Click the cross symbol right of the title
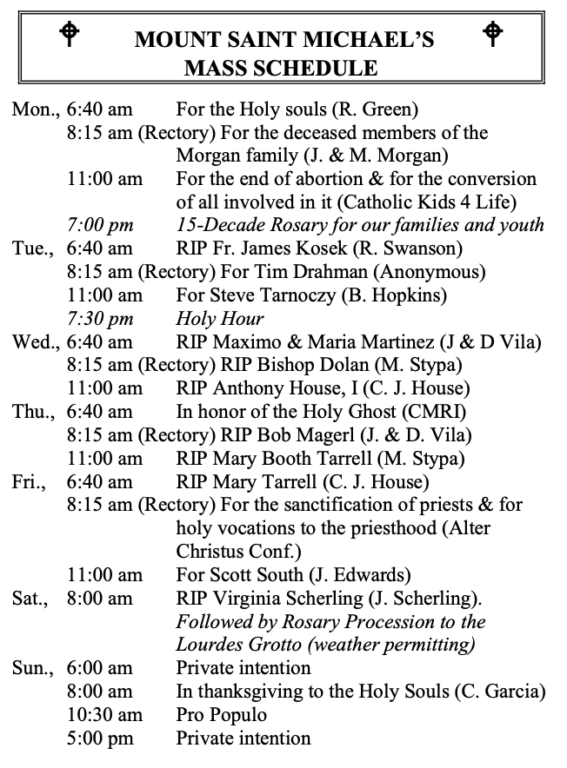click(493, 34)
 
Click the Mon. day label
click(33, 109)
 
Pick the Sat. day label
click(30, 599)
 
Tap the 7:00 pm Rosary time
click(99, 225)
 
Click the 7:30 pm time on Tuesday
click(99, 318)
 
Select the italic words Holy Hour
click(220, 318)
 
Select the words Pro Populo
click(221, 715)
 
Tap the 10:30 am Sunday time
click(104, 715)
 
